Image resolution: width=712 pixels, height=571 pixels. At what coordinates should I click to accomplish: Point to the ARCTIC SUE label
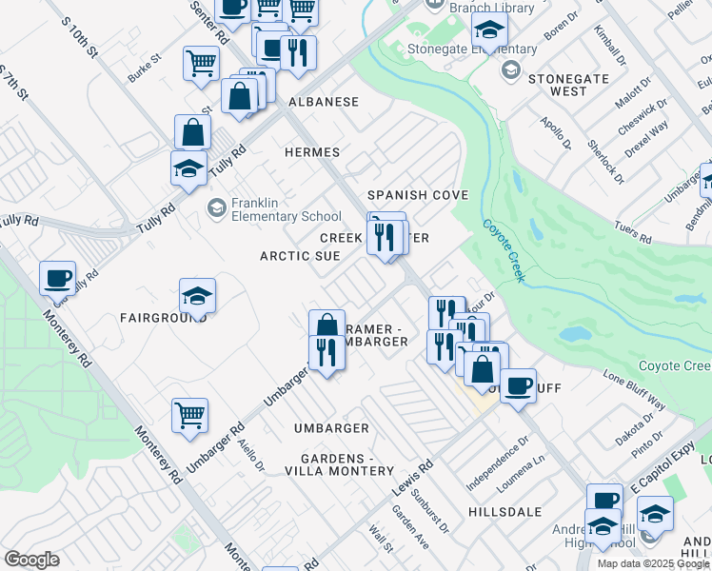point(300,256)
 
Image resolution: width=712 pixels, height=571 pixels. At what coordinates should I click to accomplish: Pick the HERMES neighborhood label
point(311,152)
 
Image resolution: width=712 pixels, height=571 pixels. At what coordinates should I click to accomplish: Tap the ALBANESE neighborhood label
point(324,102)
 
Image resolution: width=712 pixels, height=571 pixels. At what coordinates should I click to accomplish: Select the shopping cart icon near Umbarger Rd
point(189,414)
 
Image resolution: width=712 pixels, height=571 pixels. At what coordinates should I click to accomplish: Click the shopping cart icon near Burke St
point(202,63)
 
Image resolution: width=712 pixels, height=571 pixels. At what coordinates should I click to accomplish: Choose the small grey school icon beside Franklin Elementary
point(217,207)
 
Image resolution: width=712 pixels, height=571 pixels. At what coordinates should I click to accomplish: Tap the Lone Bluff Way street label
point(634,390)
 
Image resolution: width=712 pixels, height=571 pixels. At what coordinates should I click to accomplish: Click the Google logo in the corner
point(31,560)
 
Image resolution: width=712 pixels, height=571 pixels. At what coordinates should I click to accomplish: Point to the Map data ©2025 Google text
point(653,563)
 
